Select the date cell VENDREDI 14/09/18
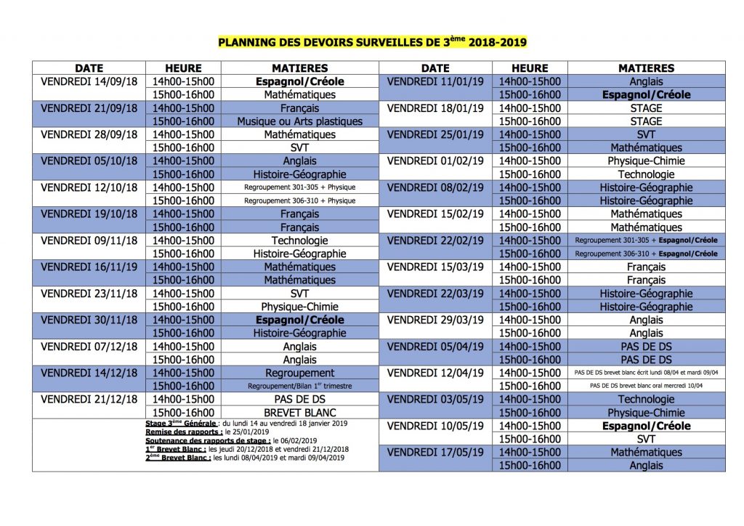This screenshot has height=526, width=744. click(89, 81)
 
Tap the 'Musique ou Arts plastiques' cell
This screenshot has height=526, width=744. click(299, 121)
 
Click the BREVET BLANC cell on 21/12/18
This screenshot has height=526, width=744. click(299, 412)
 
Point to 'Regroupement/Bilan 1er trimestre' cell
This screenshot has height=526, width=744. click(299, 386)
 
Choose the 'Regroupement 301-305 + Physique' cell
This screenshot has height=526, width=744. click(299, 187)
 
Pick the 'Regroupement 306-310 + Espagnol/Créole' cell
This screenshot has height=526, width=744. click(646, 254)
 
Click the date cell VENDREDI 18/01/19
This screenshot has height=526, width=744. click(435, 108)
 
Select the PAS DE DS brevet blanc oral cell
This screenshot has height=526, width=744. click(646, 386)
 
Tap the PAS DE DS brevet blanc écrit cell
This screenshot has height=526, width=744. click(646, 373)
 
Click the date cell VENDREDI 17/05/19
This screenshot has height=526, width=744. click(435, 452)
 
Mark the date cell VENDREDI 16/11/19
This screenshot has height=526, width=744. click(89, 267)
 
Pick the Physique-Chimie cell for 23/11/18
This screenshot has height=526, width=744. click(299, 307)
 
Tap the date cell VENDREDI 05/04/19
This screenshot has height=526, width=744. click(435, 347)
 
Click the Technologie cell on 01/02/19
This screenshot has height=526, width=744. click(646, 174)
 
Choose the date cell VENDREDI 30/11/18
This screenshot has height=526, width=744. click(89, 320)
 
